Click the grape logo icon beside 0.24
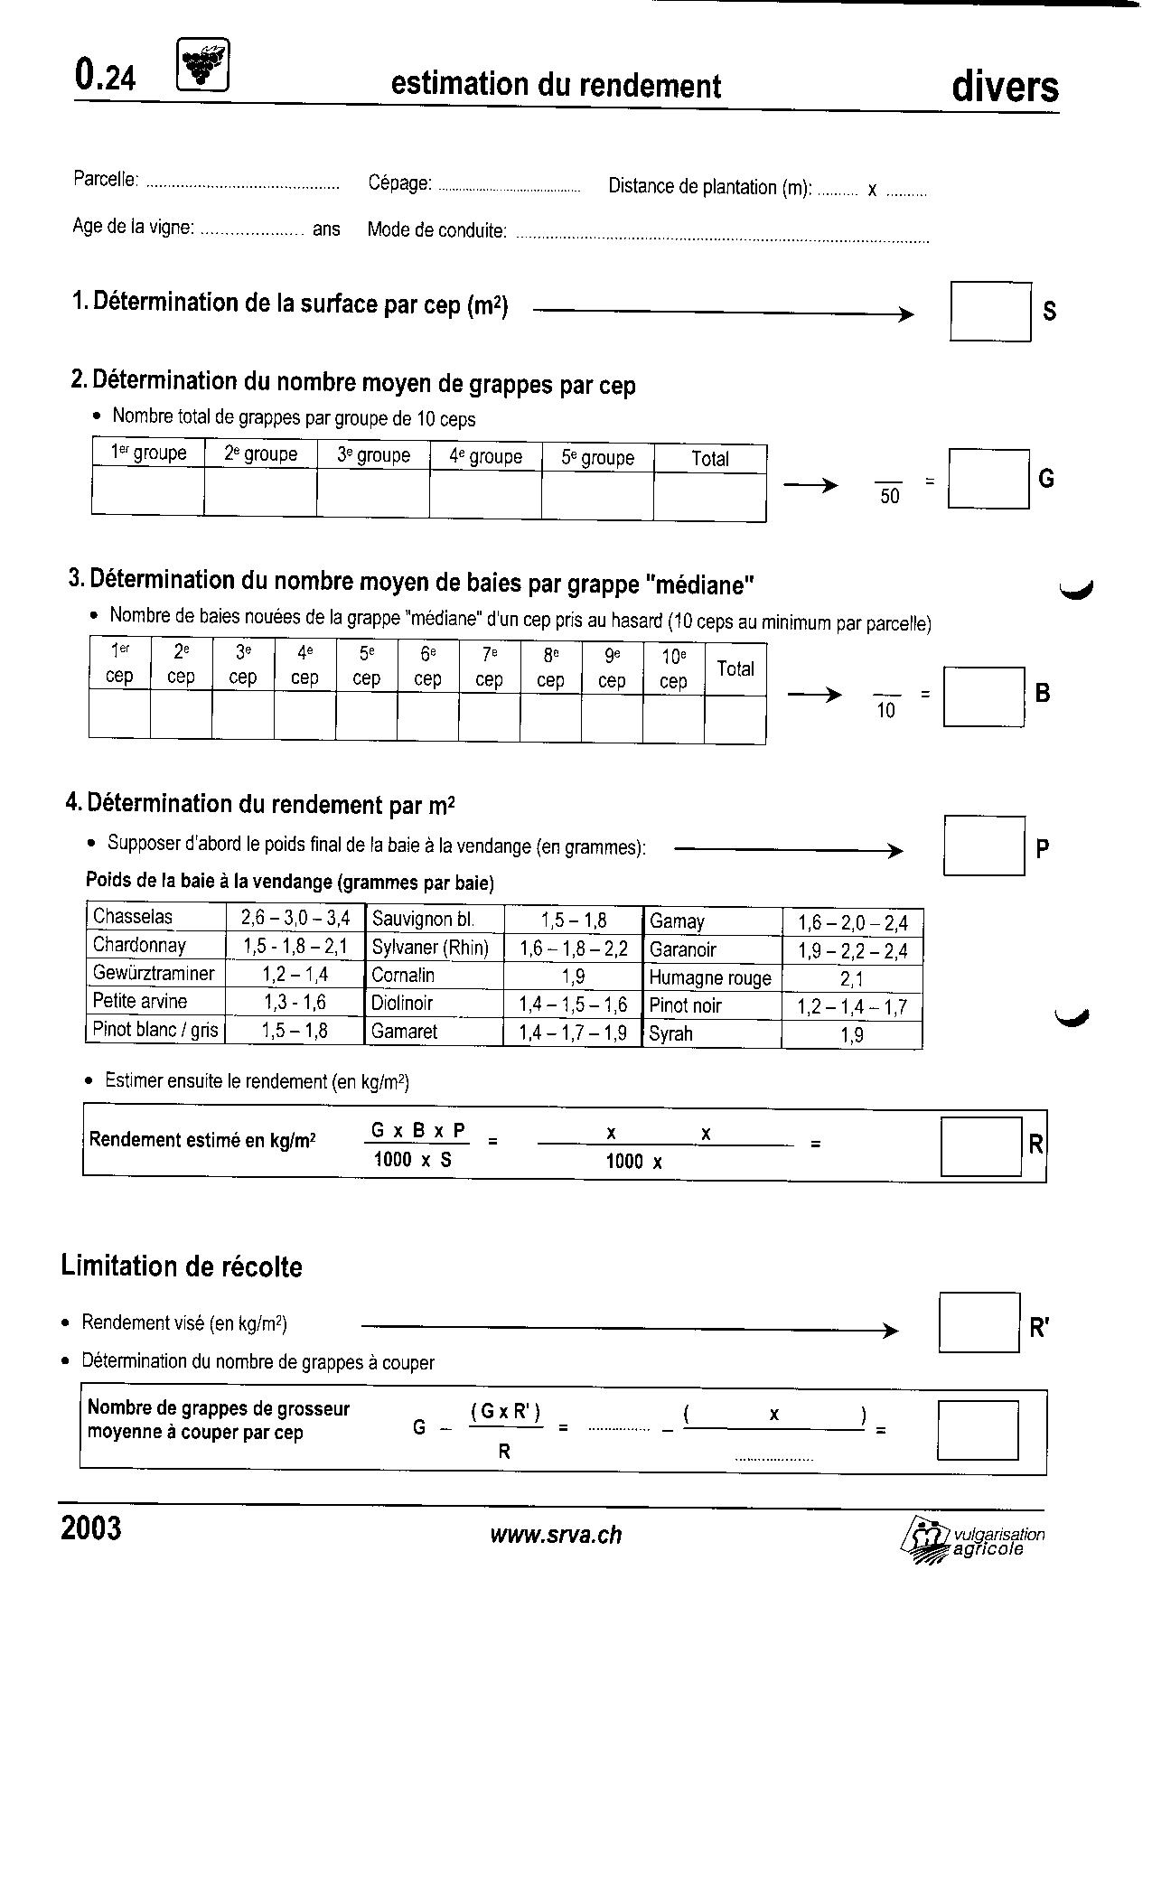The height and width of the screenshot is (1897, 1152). (203, 65)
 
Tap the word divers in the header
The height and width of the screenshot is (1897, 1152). (1005, 88)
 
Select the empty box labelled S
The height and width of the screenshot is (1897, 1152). (990, 312)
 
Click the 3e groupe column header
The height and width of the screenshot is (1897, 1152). (373, 455)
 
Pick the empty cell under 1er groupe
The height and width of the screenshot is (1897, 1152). (148, 494)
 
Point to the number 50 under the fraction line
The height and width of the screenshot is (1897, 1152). (890, 497)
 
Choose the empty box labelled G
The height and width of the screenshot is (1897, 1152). (988, 479)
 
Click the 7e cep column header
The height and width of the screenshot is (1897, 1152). (489, 667)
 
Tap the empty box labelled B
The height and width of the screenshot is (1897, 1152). (984, 696)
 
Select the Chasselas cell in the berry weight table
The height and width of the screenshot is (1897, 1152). (156, 917)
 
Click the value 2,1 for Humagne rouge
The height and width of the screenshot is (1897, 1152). (851, 978)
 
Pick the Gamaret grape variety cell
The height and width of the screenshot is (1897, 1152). (434, 1032)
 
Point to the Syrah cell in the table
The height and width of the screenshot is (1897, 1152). (713, 1034)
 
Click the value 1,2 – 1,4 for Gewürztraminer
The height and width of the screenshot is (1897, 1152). (295, 974)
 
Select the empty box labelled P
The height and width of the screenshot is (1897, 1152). (984, 846)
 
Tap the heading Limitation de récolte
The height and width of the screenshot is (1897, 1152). (182, 1266)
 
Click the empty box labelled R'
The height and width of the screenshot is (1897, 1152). (979, 1322)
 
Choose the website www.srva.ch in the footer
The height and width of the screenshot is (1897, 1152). (556, 1535)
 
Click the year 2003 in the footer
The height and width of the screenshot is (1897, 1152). (91, 1528)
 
